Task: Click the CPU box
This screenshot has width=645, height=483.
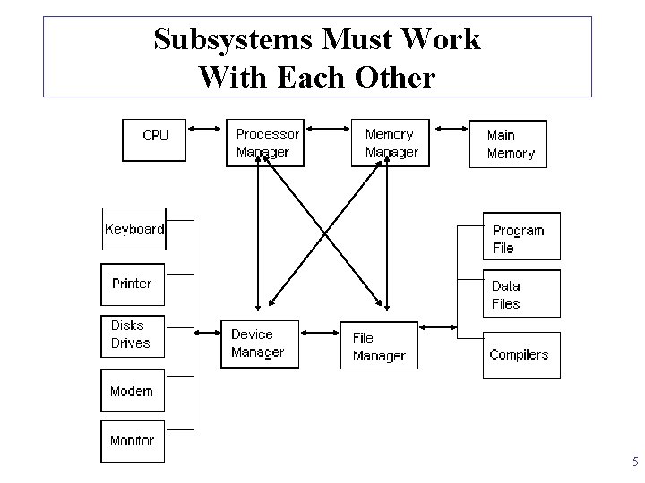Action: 154,140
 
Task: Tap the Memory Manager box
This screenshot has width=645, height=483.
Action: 391,142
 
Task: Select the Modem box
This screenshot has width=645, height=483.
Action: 132,391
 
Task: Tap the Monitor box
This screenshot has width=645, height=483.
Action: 132,441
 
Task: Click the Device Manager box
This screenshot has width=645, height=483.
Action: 258,343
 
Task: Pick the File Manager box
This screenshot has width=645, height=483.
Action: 378,345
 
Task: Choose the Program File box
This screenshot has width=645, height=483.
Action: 521,236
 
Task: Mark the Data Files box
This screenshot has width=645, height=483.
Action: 521,293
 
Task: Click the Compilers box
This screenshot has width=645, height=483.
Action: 521,354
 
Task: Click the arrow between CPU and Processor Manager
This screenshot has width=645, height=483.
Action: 205,128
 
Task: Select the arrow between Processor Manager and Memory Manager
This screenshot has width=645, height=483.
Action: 326,128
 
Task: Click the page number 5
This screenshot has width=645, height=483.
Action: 634,462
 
